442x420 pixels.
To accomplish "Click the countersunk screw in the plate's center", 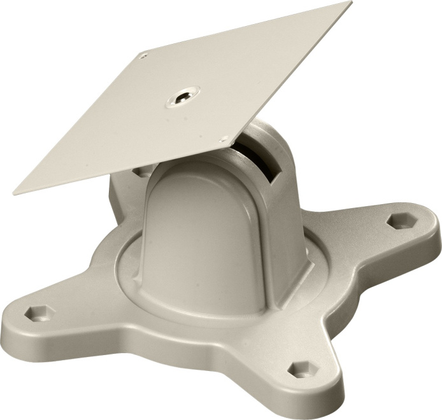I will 182,97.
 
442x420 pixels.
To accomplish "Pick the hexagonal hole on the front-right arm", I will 299,370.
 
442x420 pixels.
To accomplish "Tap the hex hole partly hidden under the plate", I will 140,171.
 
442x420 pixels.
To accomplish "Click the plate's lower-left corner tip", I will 15,192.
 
